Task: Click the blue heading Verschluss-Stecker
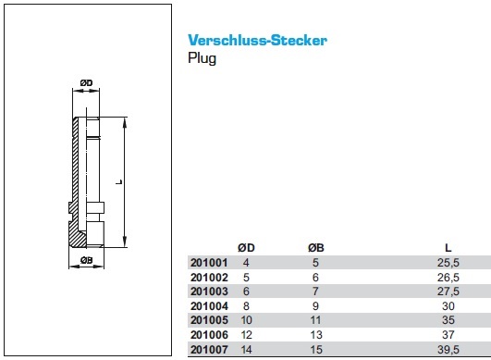pos(257,40)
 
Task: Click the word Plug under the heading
pos(202,58)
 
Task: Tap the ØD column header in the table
pos(246,248)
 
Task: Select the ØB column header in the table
pos(315,248)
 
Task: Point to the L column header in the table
pos(448,248)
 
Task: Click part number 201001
pos(209,263)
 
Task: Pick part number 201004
pos(209,305)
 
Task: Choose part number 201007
pos(209,349)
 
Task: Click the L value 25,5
pos(448,263)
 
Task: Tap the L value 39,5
pos(448,349)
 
